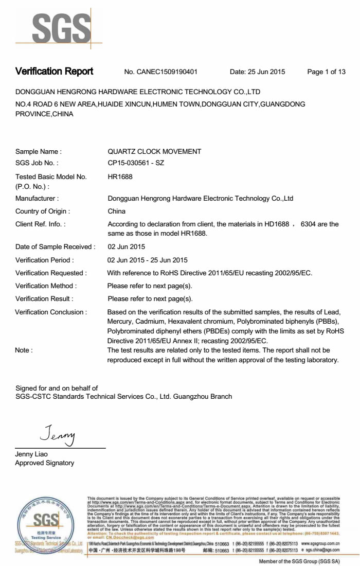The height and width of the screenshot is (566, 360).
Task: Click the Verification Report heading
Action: pyautogui.click(x=54, y=72)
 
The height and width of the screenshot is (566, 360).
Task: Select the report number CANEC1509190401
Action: pyautogui.click(x=167, y=72)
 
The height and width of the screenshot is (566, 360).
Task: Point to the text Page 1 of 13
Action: pyautogui.click(x=326, y=72)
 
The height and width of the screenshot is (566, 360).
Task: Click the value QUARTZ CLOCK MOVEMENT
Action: pyautogui.click(x=154, y=152)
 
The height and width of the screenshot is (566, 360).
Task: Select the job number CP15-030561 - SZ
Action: pyautogui.click(x=136, y=163)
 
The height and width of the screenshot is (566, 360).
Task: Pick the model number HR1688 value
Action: pyautogui.click(x=119, y=176)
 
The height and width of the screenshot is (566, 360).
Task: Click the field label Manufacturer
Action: pyautogui.click(x=37, y=198)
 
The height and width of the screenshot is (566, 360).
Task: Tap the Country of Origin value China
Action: pyautogui.click(x=117, y=211)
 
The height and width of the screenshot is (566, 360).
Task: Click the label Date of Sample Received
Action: pyautogui.click(x=55, y=247)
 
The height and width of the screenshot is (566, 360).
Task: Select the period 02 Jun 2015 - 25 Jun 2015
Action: pyautogui.click(x=148, y=260)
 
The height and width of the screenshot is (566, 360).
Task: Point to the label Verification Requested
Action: pyautogui.click(x=51, y=273)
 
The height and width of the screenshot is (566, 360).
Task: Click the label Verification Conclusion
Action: pyautogui.click(x=51, y=312)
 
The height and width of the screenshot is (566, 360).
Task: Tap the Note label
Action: pyautogui.click(x=24, y=350)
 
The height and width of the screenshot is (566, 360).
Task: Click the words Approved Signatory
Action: pyautogui.click(x=45, y=463)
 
